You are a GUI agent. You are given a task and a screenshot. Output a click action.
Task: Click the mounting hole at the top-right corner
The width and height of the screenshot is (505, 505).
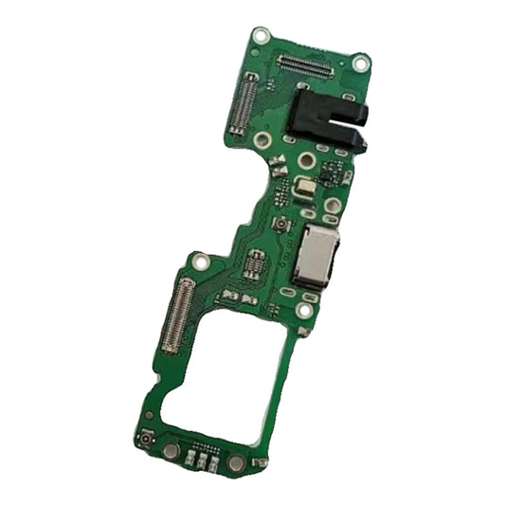coord(359,63)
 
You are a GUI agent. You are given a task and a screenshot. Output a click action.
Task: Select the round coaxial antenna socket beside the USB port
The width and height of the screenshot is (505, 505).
coord(281,225)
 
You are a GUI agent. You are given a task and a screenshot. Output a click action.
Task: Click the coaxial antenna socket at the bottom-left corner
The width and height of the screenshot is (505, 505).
coord(145,442)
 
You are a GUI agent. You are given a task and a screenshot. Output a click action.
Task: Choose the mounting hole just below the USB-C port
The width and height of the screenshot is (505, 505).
coord(304,310)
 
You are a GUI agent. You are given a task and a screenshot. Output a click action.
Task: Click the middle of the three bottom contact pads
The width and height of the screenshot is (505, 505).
coord(202,461)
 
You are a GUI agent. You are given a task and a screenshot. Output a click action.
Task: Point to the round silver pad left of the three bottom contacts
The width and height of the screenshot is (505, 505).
coord(170,452)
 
